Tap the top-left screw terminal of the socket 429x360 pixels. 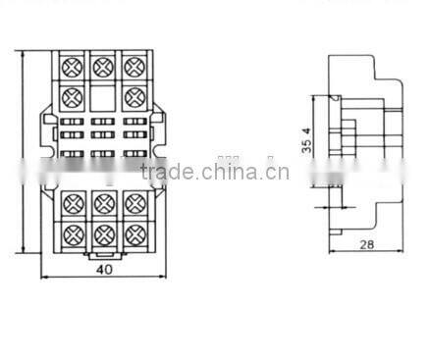[71, 67]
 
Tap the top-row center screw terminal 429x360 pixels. [101, 67]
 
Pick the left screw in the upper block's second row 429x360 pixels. [71, 96]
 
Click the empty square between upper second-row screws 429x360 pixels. [101, 96]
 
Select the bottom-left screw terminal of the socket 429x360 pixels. [71, 235]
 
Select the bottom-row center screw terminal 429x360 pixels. [101, 235]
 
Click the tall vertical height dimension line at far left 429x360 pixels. [23, 152]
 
